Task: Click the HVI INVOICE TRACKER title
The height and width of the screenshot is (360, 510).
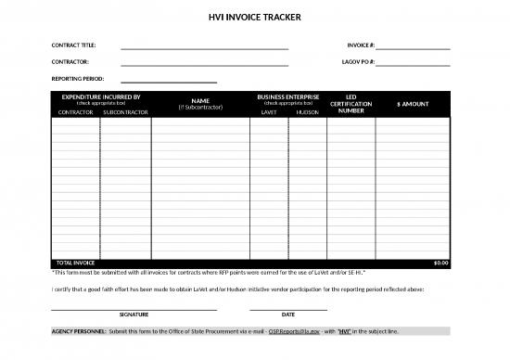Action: [x=255, y=18]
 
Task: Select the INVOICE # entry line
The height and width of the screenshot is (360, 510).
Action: [x=413, y=46]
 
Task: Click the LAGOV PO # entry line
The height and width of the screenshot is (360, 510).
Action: [x=413, y=64]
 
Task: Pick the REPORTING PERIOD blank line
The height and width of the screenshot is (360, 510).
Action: [x=169, y=81]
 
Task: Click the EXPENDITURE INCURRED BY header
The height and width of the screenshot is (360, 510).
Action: [x=100, y=96]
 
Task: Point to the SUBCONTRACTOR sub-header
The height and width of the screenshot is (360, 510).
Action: [x=125, y=112]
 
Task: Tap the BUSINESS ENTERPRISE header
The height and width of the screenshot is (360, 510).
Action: [x=288, y=96]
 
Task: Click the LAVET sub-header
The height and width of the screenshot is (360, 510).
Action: [x=269, y=112]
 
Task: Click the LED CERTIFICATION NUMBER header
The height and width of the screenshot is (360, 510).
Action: [x=351, y=104]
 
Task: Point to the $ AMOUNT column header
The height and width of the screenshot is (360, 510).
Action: [x=412, y=104]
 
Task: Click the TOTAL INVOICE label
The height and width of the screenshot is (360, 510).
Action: [x=76, y=263]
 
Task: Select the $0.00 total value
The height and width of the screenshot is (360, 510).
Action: [x=440, y=263]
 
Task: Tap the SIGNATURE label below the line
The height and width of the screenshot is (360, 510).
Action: [x=134, y=315]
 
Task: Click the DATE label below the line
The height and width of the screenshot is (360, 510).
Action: [x=288, y=315]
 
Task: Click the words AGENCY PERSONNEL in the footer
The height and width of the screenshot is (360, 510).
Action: [x=78, y=331]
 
